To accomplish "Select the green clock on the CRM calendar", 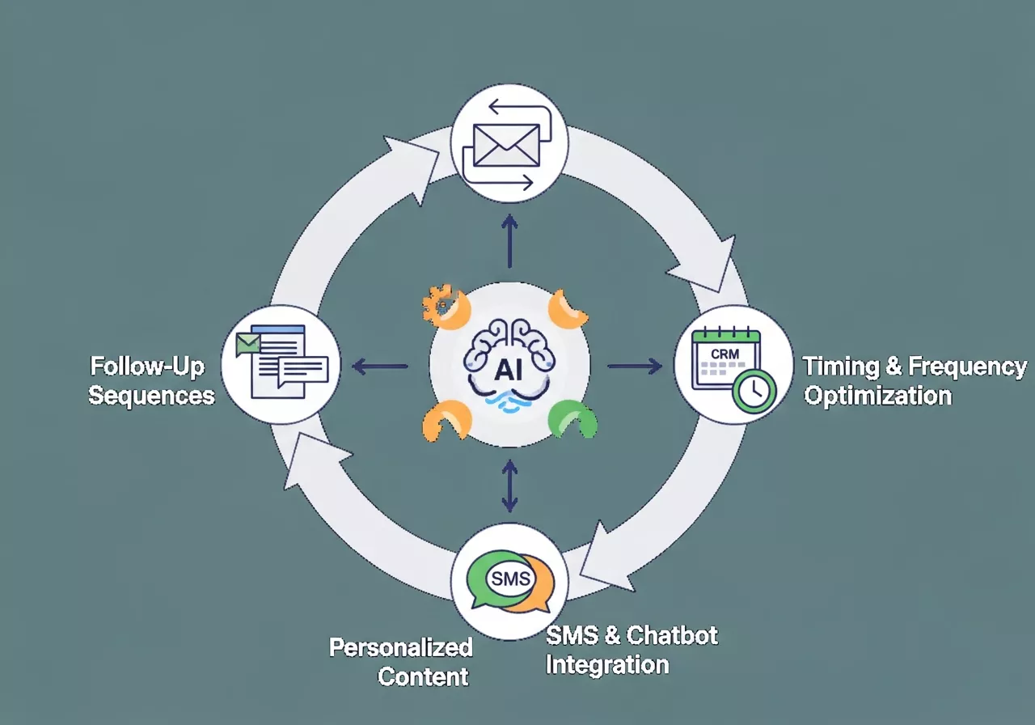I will click(x=754, y=392).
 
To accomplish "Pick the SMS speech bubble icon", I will click(x=510, y=579).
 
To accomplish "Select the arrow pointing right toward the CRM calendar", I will click(x=634, y=367).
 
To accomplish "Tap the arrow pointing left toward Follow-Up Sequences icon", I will click(x=380, y=367).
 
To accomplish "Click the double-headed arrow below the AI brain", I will click(x=509, y=485).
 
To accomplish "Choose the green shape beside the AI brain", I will click(x=572, y=419).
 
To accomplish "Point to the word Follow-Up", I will click(x=147, y=367).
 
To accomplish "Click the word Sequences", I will click(x=152, y=396).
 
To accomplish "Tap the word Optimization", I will click(x=877, y=396).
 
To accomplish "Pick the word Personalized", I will click(x=401, y=647).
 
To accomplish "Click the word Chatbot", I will click(x=672, y=635).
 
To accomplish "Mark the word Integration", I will click(x=607, y=665).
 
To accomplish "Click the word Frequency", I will click(x=967, y=367).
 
